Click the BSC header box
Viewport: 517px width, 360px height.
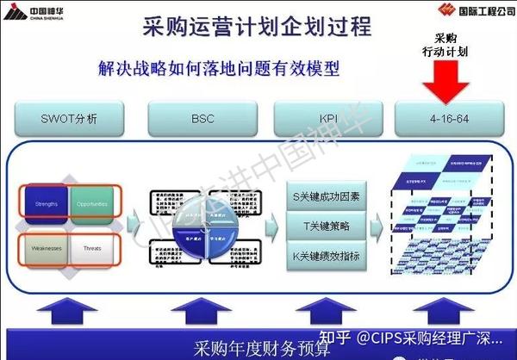202,117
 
